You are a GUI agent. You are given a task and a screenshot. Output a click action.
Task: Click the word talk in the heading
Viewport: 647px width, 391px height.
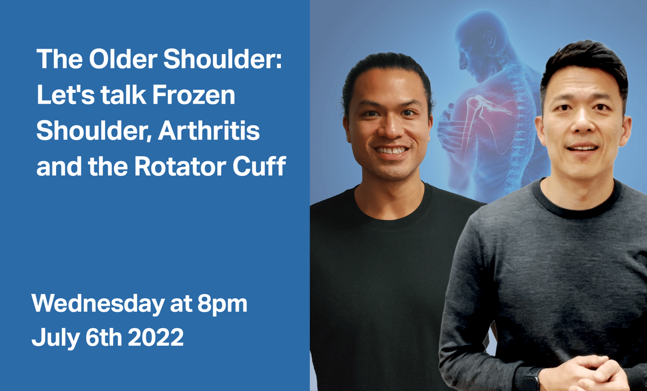click(122, 95)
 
